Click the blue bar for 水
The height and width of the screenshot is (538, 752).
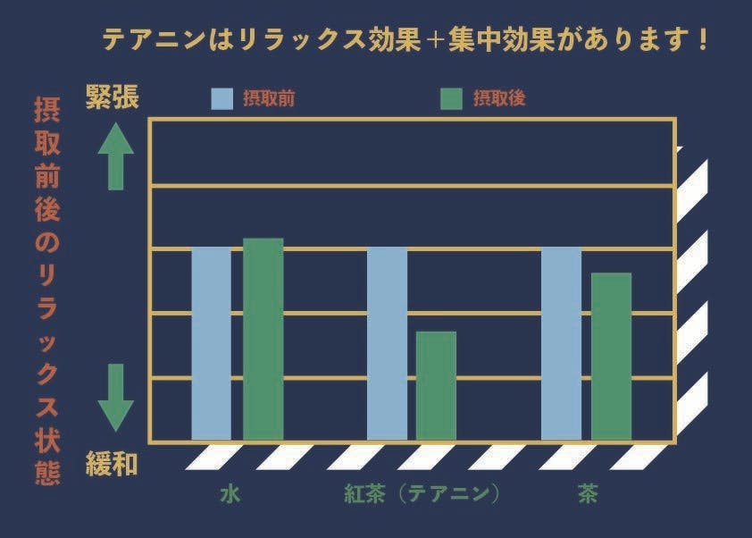click(211, 343)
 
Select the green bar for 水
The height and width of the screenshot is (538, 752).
click(263, 339)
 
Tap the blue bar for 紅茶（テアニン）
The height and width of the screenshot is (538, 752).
click(387, 343)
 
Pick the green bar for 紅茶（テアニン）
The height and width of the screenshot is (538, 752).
click(436, 385)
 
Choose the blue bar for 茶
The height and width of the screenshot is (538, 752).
click(561, 343)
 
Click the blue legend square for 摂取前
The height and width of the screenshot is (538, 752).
click(221, 98)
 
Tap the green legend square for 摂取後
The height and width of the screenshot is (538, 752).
click(452, 98)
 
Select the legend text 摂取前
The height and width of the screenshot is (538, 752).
click(269, 98)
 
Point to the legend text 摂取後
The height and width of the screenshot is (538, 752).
click(499, 98)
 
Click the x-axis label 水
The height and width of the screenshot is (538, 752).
click(230, 494)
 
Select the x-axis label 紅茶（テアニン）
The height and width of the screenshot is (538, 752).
click(421, 494)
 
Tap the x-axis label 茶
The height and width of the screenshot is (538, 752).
click(588, 494)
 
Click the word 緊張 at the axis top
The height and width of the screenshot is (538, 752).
click(112, 97)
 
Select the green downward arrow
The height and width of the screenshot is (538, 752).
click(115, 397)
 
